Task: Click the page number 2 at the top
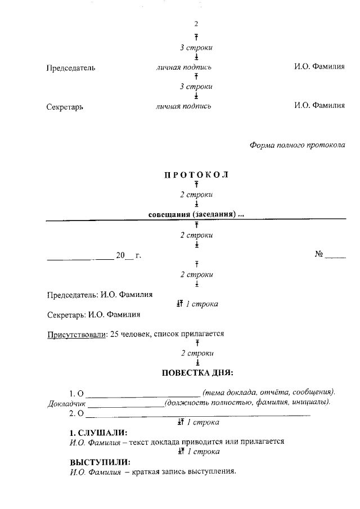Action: (x=196, y=24)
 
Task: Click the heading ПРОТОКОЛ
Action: (x=196, y=174)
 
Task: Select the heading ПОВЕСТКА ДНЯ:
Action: (x=197, y=372)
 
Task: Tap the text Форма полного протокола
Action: (x=297, y=145)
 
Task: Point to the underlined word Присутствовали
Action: (x=76, y=334)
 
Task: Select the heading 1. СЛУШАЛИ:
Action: (x=98, y=433)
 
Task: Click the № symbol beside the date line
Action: (x=318, y=255)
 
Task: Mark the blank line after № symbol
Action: (x=335, y=258)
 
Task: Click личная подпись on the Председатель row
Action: (x=184, y=67)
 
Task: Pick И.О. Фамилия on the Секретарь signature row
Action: (x=319, y=105)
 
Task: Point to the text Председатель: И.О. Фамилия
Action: (x=100, y=294)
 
